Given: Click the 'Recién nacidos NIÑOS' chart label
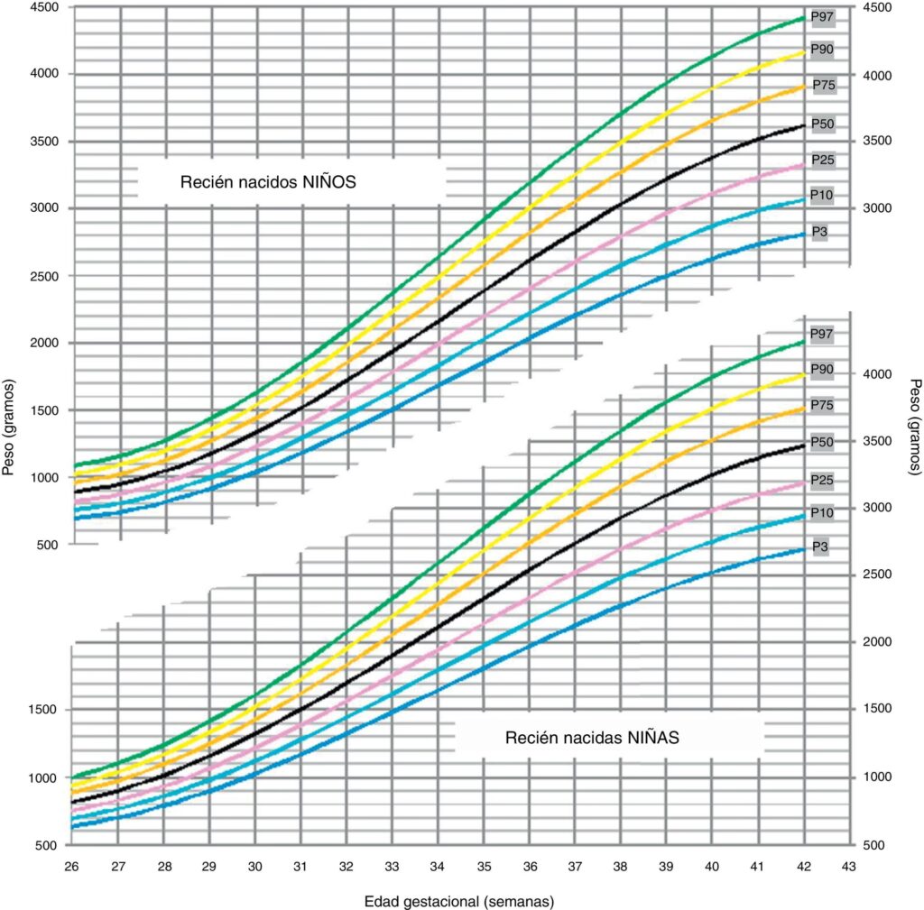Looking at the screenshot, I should click(269, 181).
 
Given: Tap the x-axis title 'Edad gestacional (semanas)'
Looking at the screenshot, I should click(458, 901).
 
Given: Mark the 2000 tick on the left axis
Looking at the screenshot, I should click(45, 344).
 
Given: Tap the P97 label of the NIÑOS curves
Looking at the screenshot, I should click(821, 16).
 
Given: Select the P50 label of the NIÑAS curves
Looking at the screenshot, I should click(821, 441).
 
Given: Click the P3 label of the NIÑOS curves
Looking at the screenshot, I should click(819, 232).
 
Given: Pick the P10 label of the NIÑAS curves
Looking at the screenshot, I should click(821, 512).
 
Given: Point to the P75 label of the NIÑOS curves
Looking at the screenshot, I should click(822, 85).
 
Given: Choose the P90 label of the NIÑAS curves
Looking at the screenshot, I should click(821, 369).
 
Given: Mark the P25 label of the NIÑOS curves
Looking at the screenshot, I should click(821, 160).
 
